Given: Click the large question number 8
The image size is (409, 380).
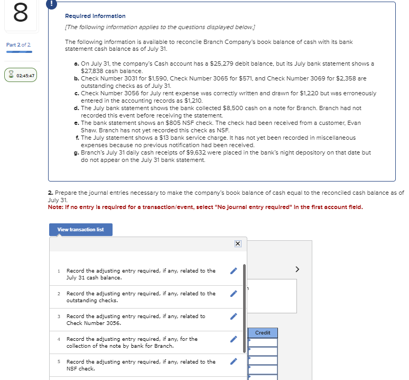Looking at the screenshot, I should pyautogui.click(x=20, y=14).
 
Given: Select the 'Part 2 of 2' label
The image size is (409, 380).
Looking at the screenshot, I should pyautogui.click(x=18, y=44).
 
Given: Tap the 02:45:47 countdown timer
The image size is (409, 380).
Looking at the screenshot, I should pyautogui.click(x=21, y=76).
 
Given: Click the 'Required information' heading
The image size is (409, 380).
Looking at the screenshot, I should pyautogui.click(x=95, y=16).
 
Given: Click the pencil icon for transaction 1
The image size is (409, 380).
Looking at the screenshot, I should pyautogui.click(x=234, y=271).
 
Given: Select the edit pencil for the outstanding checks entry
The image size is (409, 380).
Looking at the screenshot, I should pyautogui.click(x=234, y=294).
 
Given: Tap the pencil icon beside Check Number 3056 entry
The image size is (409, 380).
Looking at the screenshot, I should pyautogui.click(x=234, y=316).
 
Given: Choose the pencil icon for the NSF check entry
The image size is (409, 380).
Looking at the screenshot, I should pyautogui.click(x=234, y=362).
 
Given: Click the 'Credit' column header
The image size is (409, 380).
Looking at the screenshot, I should pyautogui.click(x=263, y=333).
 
